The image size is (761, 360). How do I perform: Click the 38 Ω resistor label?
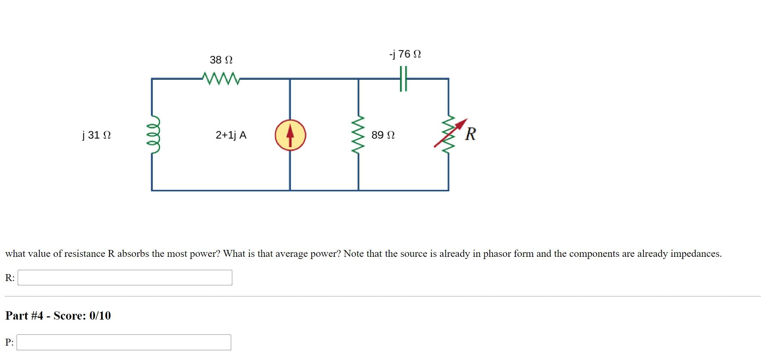(x=221, y=60)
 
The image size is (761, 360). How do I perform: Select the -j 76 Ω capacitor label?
(x=405, y=54)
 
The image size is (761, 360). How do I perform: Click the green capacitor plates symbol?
(x=403, y=78)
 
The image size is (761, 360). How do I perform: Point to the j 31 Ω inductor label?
(x=96, y=135)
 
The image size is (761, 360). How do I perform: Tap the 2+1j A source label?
(x=231, y=135)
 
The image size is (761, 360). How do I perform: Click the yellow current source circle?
(x=290, y=135)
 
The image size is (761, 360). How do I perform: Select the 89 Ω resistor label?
(x=383, y=135)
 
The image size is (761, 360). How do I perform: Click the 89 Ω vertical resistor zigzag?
(x=358, y=135)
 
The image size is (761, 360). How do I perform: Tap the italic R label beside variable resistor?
(x=470, y=134)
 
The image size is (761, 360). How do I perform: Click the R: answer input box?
(x=125, y=277)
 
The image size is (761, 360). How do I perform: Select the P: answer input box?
(x=124, y=342)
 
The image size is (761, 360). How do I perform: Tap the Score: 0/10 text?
(x=82, y=316)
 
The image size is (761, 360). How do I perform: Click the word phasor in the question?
(x=497, y=254)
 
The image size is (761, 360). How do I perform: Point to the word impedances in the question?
(x=696, y=254)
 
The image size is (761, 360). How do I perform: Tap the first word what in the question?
(x=15, y=254)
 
